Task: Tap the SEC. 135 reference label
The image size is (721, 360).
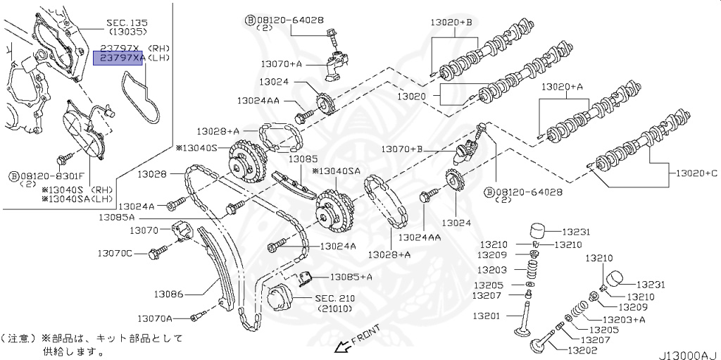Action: click(125, 22)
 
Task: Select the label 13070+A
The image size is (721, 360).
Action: click(281, 64)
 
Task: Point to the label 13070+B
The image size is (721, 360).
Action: click(402, 149)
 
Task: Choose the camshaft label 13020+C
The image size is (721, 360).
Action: click(696, 173)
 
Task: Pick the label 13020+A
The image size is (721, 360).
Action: click(562, 87)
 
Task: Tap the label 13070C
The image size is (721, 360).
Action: click(114, 252)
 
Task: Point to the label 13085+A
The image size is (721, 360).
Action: click(351, 276)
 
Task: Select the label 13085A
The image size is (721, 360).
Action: click(116, 217)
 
